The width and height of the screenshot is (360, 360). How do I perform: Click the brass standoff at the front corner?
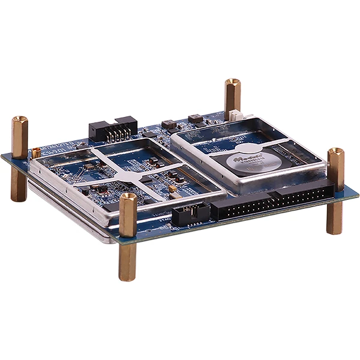coord(127,236)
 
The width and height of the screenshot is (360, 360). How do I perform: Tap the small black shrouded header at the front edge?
coord(190,213)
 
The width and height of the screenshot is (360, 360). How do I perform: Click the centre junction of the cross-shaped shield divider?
coord(137,174)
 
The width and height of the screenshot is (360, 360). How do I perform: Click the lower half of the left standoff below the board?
coord(19,187)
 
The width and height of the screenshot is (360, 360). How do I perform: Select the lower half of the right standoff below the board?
coord(334,218)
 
